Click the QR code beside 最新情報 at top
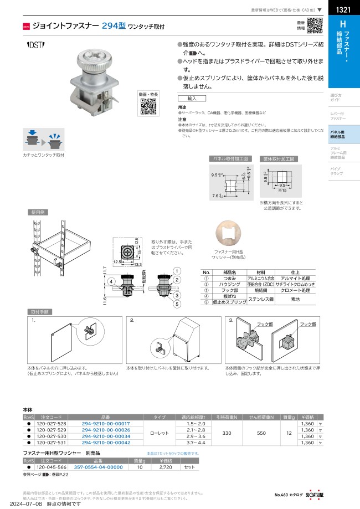[x=315, y=26]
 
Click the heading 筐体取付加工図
[x=281, y=158]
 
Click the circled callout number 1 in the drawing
[x=176, y=271]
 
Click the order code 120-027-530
[x=51, y=436]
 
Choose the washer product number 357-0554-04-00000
[x=98, y=467]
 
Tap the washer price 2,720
[x=166, y=467]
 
